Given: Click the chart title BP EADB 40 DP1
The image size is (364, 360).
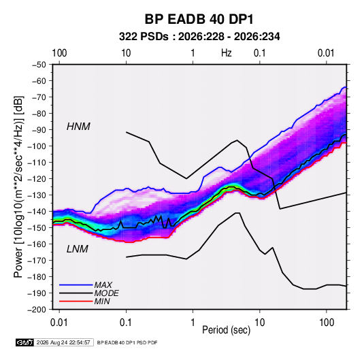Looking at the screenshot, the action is [199, 19].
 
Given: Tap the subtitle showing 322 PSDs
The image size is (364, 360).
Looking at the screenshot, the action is [199, 37].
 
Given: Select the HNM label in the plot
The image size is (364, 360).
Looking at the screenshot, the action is [78, 127].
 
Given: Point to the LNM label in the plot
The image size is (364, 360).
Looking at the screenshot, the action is [78, 249].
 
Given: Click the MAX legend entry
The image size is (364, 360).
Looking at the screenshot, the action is [103, 285].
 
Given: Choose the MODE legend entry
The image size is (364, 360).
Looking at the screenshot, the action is [107, 293].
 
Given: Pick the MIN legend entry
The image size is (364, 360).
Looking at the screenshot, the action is [102, 301].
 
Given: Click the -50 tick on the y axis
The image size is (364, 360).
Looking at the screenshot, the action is [39, 65].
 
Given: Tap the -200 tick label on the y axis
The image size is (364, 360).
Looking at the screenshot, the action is [37, 310].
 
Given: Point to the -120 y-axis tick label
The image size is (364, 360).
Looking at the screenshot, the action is [37, 179].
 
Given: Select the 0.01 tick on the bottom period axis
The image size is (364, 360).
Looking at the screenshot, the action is [59, 323].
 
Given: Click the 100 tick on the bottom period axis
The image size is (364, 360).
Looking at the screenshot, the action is [327, 323].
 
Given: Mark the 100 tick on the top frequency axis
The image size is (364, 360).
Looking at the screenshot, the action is [59, 53].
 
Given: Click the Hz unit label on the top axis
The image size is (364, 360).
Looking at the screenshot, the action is [227, 53].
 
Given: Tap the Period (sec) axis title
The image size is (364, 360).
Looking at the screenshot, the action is [227, 330].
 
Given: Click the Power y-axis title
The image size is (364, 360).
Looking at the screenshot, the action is [18, 186].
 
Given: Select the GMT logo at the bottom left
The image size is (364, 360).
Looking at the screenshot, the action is [25, 342].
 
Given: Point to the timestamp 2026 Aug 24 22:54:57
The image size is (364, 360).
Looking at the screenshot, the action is [63, 342].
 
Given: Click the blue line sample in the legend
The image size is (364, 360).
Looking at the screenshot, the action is [76, 285].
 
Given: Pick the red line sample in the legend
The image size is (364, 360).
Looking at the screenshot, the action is [76, 301].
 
